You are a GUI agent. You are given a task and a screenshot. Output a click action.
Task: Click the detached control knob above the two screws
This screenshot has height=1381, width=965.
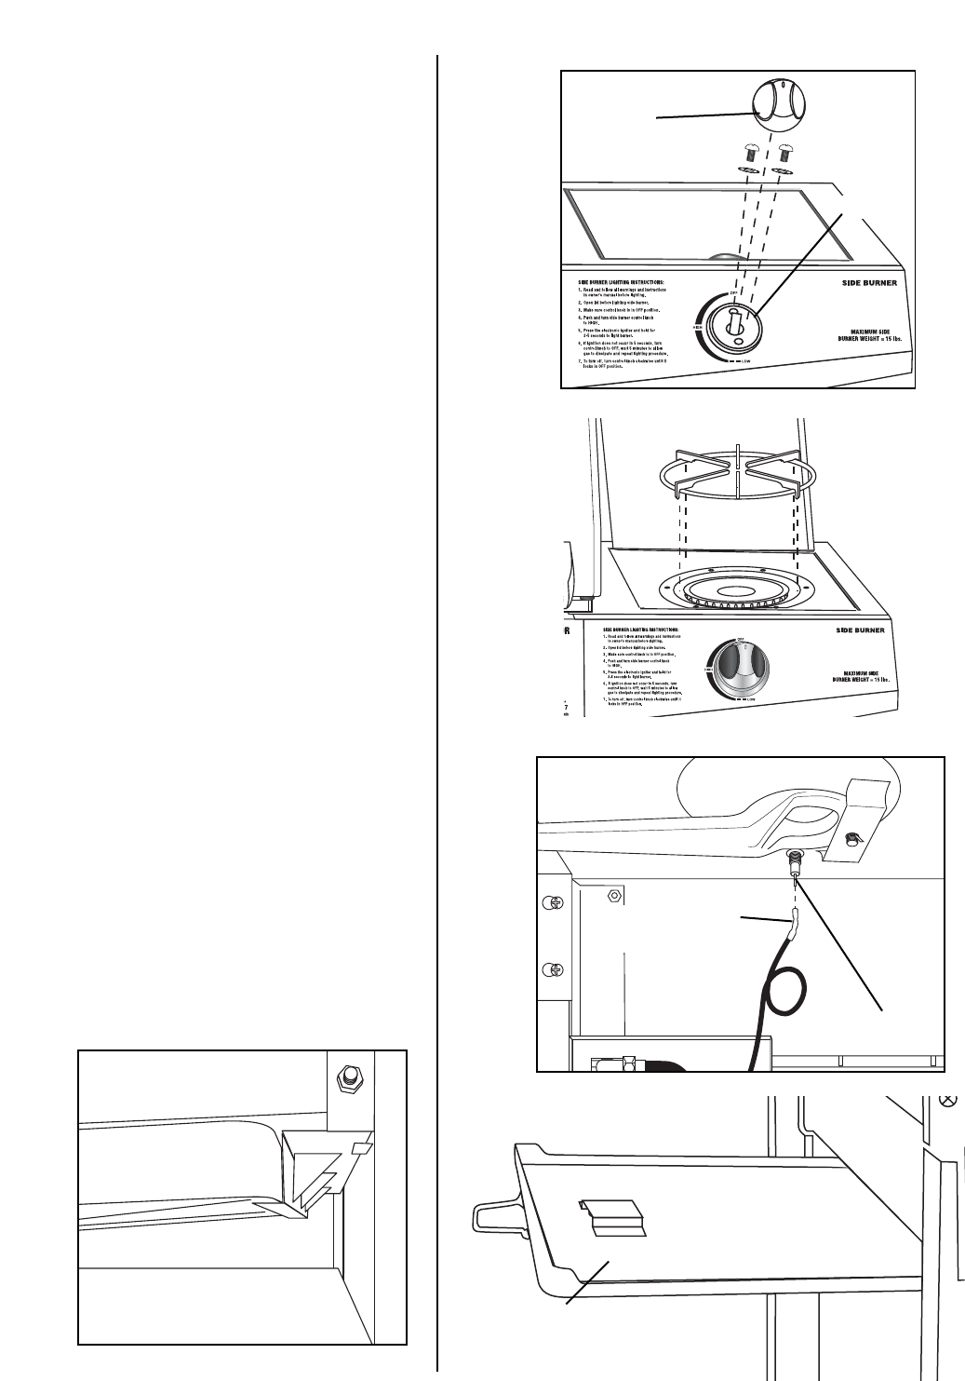[779, 111]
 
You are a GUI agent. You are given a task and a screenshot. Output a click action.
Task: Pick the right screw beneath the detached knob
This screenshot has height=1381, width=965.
[784, 152]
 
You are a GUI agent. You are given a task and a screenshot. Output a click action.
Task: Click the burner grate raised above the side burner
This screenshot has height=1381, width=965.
[736, 469]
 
